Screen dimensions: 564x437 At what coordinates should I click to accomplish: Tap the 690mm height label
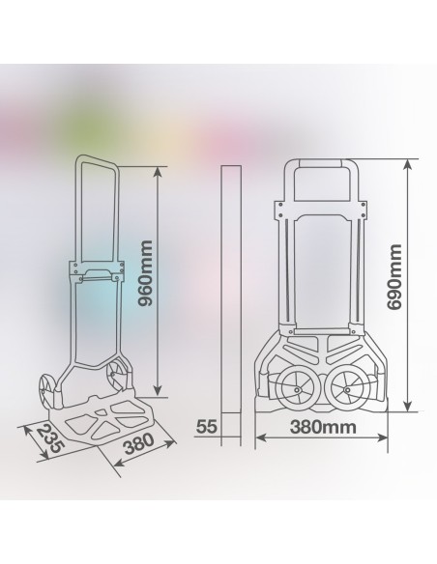pyautogui.click(x=394, y=280)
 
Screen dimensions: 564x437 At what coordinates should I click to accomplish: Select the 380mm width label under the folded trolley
pyautogui.click(x=318, y=426)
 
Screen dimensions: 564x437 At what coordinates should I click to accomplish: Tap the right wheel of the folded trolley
pyautogui.click(x=346, y=392)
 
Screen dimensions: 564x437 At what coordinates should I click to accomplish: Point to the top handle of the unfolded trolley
pyautogui.click(x=96, y=165)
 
